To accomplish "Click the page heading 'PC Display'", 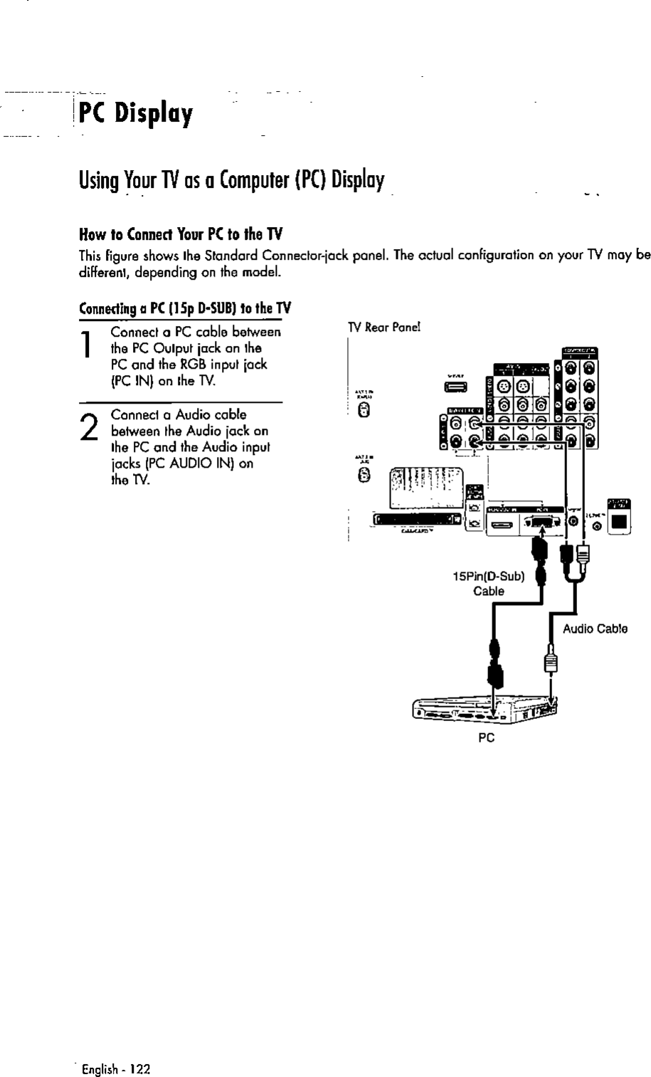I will point(136,113).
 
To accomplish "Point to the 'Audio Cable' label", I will point(595,629).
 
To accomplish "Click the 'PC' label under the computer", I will point(486,737).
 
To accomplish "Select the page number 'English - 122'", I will point(117,1068).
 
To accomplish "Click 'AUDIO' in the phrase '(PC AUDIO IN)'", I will point(191,463).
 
